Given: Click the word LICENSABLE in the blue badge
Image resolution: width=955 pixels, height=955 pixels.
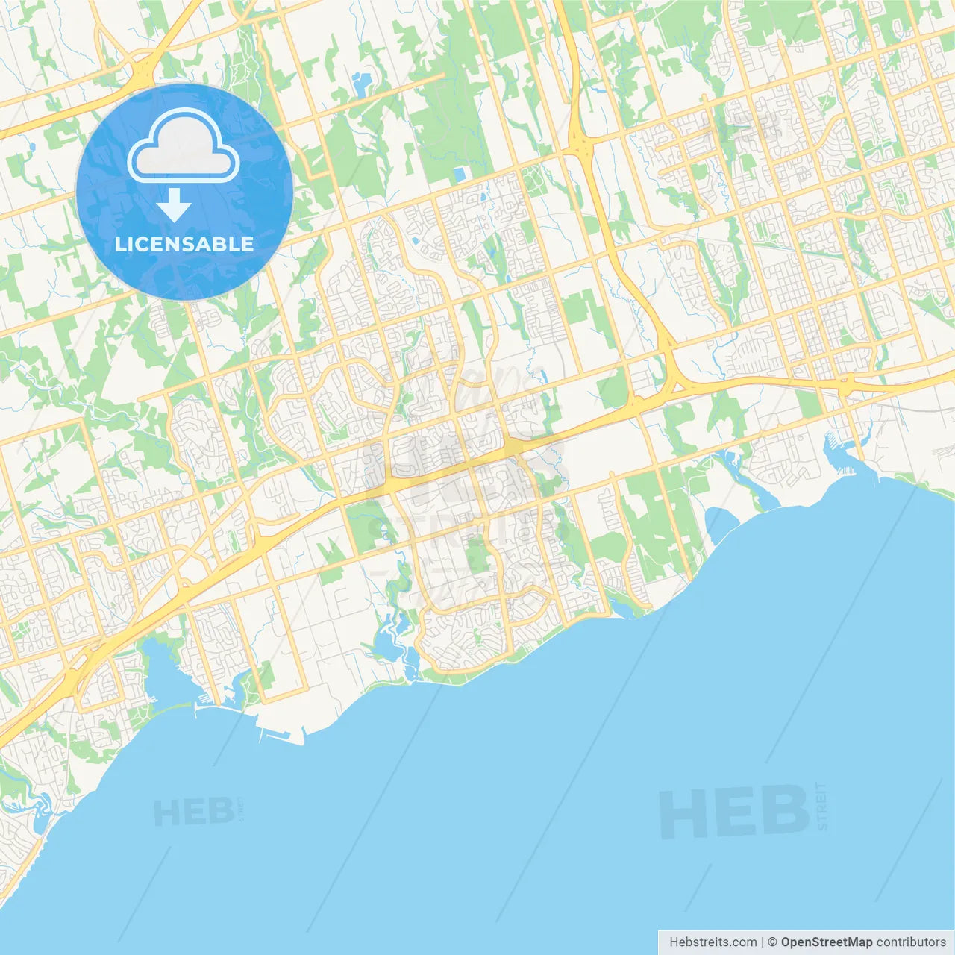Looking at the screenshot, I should pyautogui.click(x=184, y=244).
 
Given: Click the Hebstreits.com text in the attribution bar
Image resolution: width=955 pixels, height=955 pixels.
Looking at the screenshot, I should pyautogui.click(x=713, y=942).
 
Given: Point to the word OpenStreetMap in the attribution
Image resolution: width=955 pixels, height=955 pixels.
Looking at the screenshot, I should pyautogui.click(x=827, y=942).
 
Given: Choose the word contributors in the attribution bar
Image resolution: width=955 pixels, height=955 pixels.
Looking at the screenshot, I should pyautogui.click(x=911, y=942).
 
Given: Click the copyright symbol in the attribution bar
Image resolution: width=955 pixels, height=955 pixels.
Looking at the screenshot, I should pyautogui.click(x=772, y=942).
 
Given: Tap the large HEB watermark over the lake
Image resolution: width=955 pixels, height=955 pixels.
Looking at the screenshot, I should pyautogui.click(x=734, y=812).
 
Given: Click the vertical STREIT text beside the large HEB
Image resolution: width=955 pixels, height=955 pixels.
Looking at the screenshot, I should pyautogui.click(x=822, y=806).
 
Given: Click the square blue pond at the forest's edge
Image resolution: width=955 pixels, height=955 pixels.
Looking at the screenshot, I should pyautogui.click(x=458, y=175).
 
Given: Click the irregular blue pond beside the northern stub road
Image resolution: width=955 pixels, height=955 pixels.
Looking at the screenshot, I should pyautogui.click(x=363, y=84).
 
